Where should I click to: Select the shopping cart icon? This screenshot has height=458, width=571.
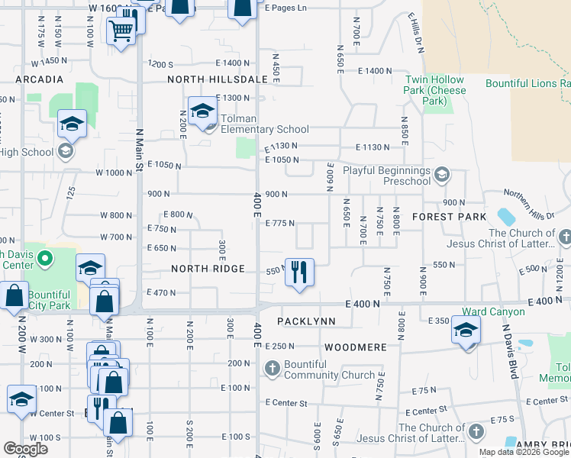point(121,32)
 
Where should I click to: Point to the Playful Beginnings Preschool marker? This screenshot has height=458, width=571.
point(440,176)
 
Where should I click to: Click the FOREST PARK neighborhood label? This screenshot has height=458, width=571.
point(449,217)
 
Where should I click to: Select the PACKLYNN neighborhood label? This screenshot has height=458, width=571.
point(306,321)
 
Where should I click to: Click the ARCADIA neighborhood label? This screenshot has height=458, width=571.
point(38,79)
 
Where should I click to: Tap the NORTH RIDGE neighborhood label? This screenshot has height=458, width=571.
point(208,269)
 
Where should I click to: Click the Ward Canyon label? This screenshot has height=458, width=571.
point(493,311)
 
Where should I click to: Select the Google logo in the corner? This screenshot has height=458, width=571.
point(26,449)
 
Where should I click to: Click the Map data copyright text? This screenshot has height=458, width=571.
point(524,452)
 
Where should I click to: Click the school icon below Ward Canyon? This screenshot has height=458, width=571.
point(466,332)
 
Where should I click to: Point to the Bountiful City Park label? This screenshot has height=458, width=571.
point(49,301)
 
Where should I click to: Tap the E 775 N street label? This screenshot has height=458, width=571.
point(279,223)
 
